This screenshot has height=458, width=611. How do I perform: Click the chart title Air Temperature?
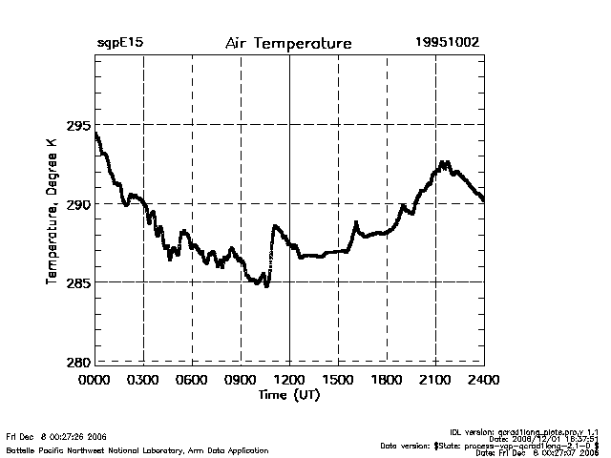(288, 44)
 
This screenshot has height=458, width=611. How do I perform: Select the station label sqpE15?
(120, 44)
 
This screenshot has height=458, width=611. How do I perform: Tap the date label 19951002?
(448, 44)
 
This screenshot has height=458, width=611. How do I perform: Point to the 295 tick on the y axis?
(78, 125)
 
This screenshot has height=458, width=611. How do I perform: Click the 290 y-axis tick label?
(78, 204)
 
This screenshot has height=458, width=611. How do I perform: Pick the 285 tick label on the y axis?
(78, 282)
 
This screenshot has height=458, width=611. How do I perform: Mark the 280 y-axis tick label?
(78, 362)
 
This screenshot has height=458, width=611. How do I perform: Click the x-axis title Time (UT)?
(288, 395)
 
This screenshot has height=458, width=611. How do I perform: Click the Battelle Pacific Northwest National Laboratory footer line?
(137, 450)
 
